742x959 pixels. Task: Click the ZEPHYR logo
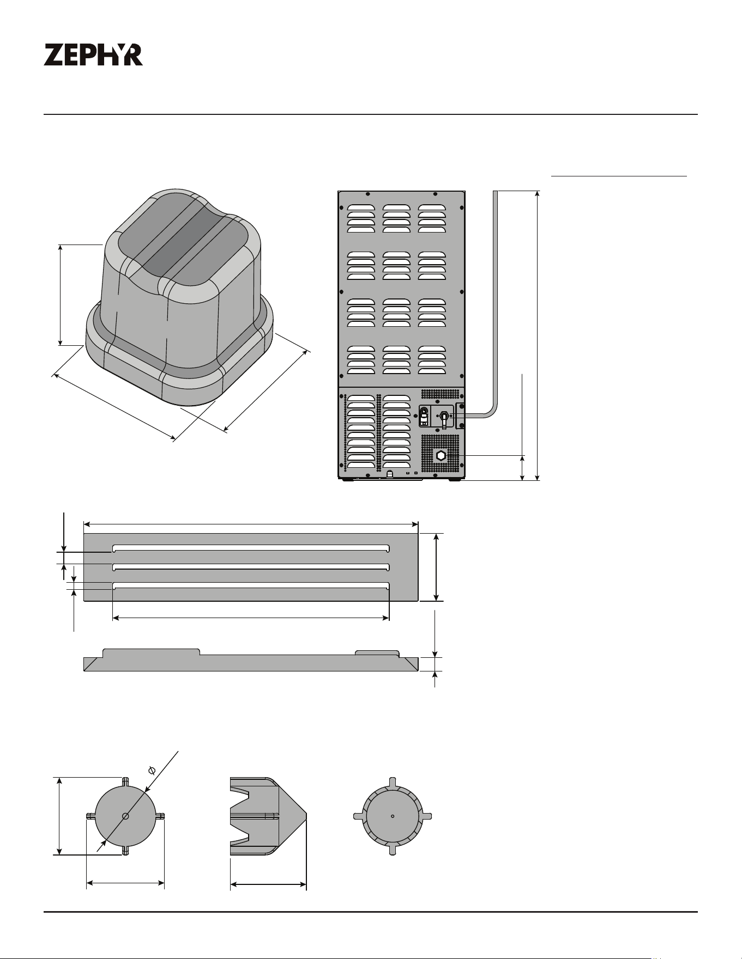click(x=93, y=55)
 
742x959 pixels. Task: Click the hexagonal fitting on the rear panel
click(x=441, y=455)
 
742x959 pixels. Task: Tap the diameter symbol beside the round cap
click(x=152, y=770)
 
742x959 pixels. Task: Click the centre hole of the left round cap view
click(x=125, y=816)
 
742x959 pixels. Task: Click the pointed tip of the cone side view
click(x=306, y=815)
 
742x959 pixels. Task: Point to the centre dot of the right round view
click(x=393, y=816)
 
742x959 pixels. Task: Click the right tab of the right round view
click(x=426, y=816)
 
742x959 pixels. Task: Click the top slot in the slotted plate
click(x=251, y=547)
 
